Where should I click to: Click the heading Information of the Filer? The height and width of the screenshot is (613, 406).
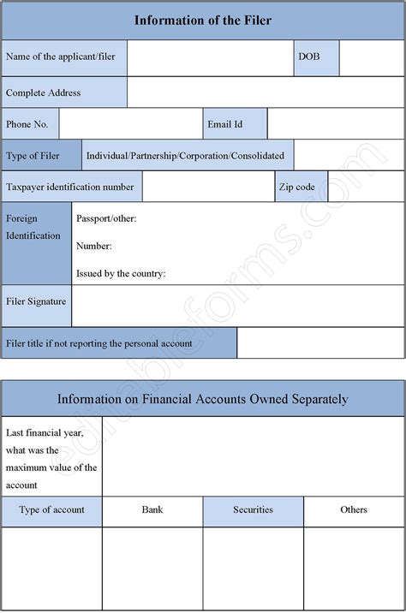click(x=203, y=20)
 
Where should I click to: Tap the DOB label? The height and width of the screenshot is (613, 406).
click(x=308, y=57)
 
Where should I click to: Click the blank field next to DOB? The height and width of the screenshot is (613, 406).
click(x=372, y=57)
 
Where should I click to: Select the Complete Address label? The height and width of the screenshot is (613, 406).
click(x=43, y=92)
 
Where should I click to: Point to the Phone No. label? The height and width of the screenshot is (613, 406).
click(x=27, y=124)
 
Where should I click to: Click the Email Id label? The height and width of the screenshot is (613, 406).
click(x=224, y=124)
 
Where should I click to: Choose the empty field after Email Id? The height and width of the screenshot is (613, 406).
click(x=336, y=124)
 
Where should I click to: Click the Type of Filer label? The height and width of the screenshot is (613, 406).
click(x=33, y=155)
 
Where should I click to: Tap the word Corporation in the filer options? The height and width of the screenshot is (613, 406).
click(x=205, y=155)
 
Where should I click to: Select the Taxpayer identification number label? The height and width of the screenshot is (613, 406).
click(x=70, y=187)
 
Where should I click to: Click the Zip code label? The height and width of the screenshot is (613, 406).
click(x=297, y=187)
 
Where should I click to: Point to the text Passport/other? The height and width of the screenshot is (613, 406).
click(x=106, y=218)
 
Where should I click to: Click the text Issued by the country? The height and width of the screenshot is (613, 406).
click(x=121, y=274)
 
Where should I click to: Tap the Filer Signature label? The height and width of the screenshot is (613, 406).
click(x=36, y=301)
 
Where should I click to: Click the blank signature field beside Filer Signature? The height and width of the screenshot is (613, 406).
click(x=238, y=306)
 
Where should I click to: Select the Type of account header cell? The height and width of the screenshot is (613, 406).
click(x=51, y=509)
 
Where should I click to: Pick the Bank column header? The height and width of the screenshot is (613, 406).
click(x=152, y=509)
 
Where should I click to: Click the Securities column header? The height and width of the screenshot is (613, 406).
click(x=253, y=509)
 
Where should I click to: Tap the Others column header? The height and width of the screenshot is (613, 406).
click(x=354, y=509)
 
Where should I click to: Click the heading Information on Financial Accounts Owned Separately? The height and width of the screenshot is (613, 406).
click(x=203, y=399)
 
